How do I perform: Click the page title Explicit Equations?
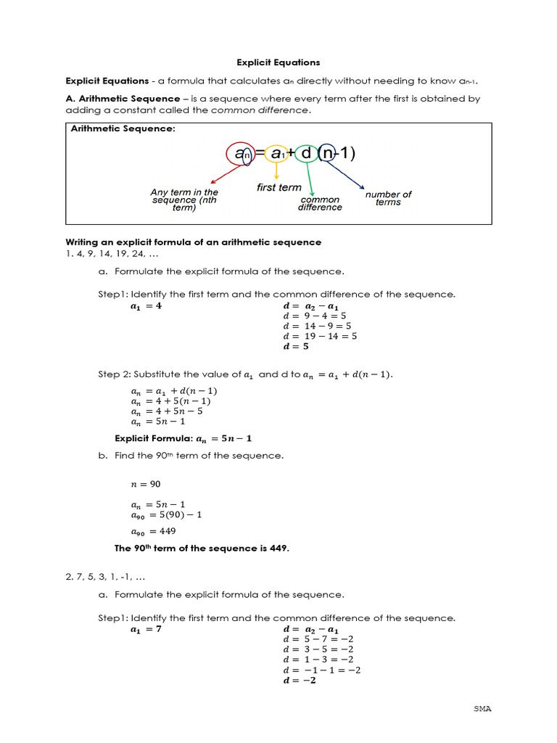(x=278, y=63)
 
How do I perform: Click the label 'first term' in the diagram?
(x=278, y=188)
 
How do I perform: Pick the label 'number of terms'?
(x=388, y=198)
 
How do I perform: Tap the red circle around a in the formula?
(x=239, y=154)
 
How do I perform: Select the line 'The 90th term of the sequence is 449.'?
(x=202, y=548)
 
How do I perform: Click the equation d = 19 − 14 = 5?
(x=320, y=336)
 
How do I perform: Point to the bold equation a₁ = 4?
(x=146, y=306)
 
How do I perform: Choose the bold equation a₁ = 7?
(x=146, y=630)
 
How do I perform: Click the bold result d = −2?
(x=300, y=681)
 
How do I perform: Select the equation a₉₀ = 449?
(x=153, y=530)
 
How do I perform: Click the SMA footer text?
(x=482, y=708)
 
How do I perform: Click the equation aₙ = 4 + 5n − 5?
(x=167, y=411)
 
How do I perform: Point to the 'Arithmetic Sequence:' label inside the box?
(x=123, y=129)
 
